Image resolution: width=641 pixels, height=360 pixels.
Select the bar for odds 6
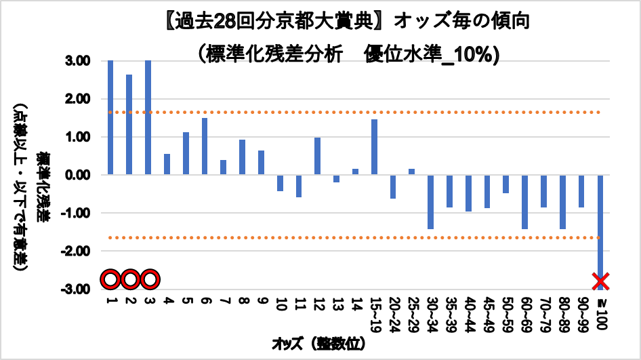pyautogui.click(x=204, y=146)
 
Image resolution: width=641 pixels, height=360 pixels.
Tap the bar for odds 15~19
pyautogui.click(x=374, y=147)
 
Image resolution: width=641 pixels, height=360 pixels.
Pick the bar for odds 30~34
pyautogui.click(x=430, y=201)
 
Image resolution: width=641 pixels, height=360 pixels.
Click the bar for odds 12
pyautogui.click(x=317, y=156)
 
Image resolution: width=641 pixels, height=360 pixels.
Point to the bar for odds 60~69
pyautogui.click(x=524, y=201)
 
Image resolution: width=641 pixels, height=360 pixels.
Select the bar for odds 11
pyautogui.click(x=298, y=186)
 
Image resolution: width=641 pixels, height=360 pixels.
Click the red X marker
pyautogui.click(x=600, y=281)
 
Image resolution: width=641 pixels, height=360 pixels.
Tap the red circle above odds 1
pyautogui.click(x=110, y=279)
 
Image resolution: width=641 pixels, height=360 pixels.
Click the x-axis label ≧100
pyautogui.click(x=600, y=309)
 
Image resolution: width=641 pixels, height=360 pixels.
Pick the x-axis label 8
pyautogui.click(x=242, y=300)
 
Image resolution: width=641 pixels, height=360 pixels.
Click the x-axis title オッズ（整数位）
pyautogui.click(x=318, y=344)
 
